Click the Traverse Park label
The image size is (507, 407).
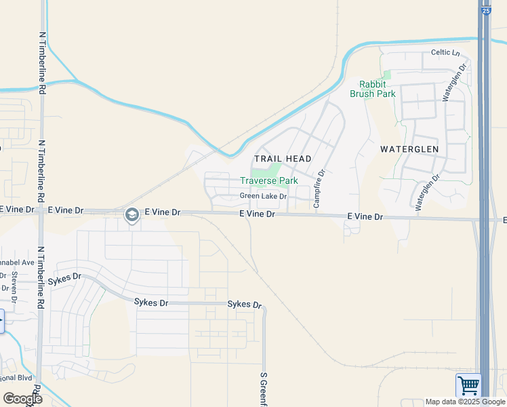(x=269, y=181)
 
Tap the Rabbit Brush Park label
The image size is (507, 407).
(x=373, y=89)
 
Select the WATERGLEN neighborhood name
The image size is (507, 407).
(x=409, y=149)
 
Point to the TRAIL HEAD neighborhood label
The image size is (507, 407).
(x=283, y=159)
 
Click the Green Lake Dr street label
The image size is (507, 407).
(x=263, y=197)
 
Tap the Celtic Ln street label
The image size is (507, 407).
(x=445, y=53)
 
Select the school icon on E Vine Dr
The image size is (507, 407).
(x=131, y=215)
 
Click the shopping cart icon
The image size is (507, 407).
(x=468, y=385)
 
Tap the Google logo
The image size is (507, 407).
(x=22, y=399)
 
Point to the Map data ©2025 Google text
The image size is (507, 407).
(x=464, y=402)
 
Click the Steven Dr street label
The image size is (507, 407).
(x=14, y=286)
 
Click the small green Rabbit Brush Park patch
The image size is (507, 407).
(x=386, y=75)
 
